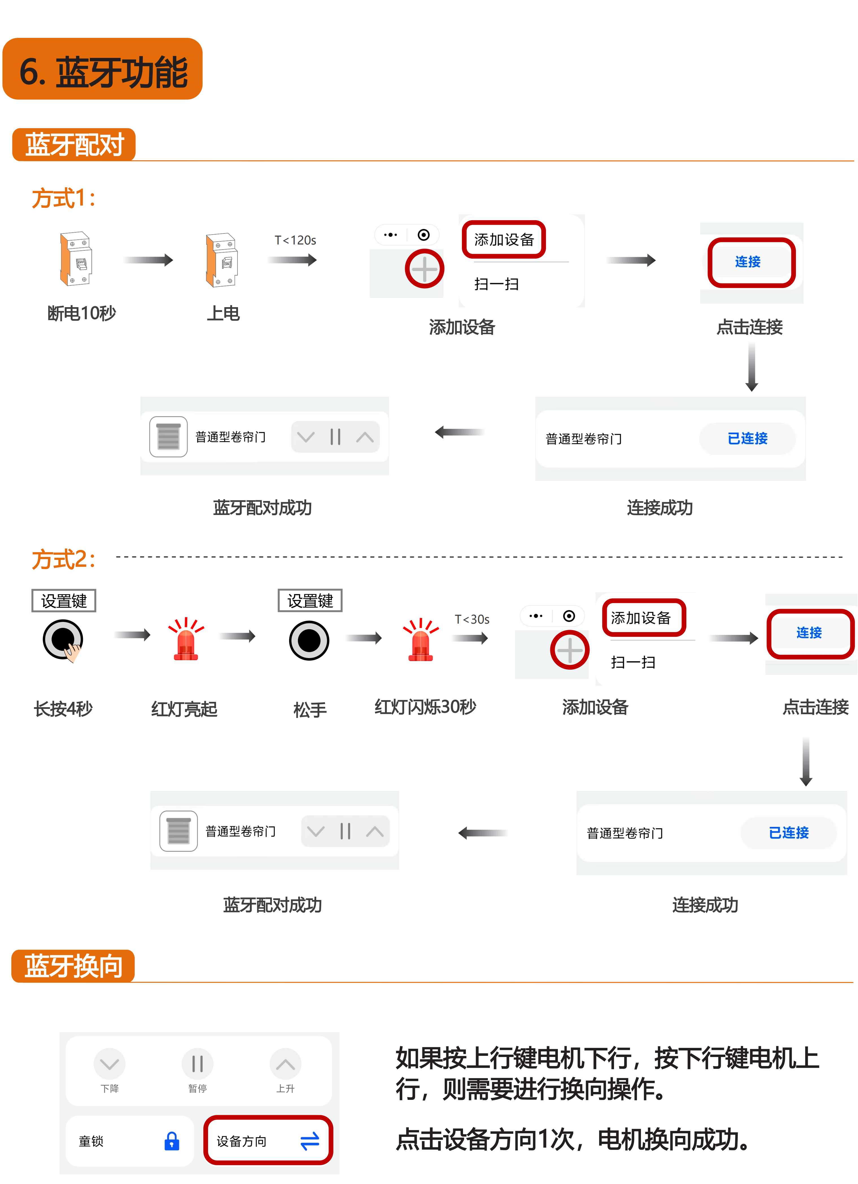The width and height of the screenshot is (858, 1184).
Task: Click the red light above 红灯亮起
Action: (185, 639)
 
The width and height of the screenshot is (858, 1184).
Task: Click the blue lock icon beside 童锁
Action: (172, 1141)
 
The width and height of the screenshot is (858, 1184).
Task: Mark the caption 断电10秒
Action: (82, 313)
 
